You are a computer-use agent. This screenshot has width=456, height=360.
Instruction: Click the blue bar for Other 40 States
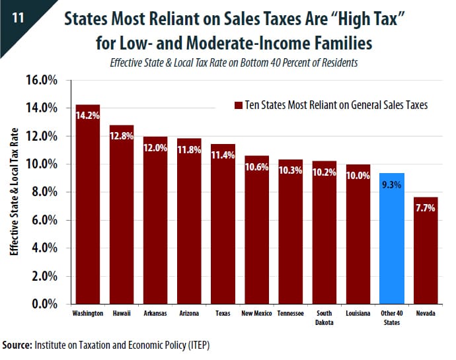click(392, 238)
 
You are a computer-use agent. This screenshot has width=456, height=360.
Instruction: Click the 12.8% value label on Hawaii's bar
click(122, 137)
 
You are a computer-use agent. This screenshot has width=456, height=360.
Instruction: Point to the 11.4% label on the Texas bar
click(223, 156)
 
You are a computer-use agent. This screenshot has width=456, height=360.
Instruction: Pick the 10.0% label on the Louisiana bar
click(358, 176)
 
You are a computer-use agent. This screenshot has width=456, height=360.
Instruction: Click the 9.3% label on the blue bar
click(392, 186)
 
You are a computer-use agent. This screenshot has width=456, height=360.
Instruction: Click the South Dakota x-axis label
click(324, 318)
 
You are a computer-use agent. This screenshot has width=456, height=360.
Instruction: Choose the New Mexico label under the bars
click(256, 314)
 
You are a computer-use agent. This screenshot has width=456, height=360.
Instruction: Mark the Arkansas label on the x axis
click(155, 314)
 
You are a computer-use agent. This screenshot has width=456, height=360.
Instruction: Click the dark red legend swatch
click(231, 105)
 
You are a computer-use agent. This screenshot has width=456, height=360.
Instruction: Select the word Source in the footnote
click(19, 345)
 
